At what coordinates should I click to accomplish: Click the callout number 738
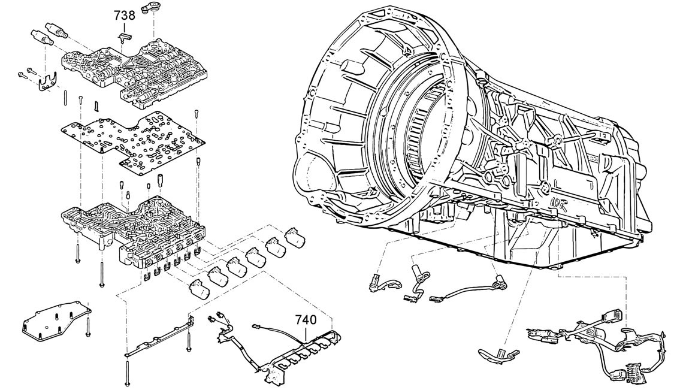(124, 16)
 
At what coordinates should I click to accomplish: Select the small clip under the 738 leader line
(124, 38)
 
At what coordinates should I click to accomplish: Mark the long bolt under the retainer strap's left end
(128, 371)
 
